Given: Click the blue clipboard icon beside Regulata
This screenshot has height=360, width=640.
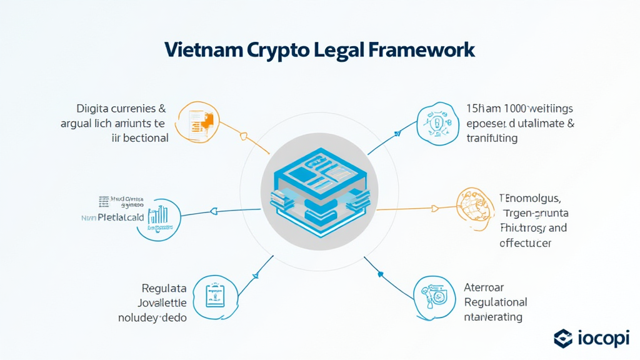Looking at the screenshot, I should pos(214,296).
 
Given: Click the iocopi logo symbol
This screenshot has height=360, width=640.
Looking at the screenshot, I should pos(563,339).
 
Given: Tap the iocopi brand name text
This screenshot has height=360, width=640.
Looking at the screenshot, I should pos(602,339).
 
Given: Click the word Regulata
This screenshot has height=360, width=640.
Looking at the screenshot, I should pos(164,289).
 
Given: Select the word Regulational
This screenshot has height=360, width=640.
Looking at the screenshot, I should pos(496,302).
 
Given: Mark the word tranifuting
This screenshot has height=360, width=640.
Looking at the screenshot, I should pos(492,138).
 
